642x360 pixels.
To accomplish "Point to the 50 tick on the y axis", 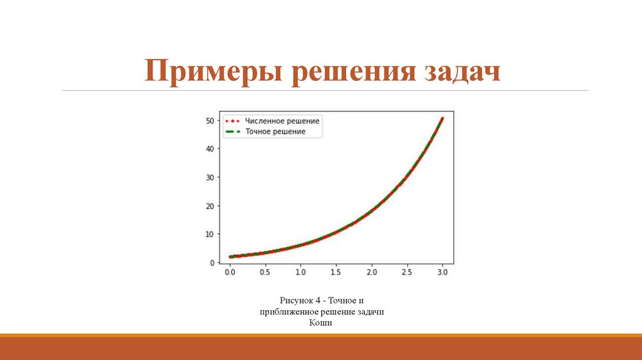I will click(x=211, y=120).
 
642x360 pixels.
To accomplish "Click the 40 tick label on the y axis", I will click(x=211, y=149).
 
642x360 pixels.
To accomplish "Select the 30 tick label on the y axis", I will click(x=211, y=177).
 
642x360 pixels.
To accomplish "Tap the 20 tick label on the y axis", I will click(x=211, y=206).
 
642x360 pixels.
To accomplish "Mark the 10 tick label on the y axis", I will click(x=211, y=234).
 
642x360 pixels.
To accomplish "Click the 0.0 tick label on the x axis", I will click(x=230, y=273).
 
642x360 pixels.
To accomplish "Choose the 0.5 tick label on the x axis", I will click(x=265, y=273).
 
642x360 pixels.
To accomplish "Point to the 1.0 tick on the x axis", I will click(x=301, y=273).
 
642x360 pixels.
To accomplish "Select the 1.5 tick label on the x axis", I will click(x=336, y=273).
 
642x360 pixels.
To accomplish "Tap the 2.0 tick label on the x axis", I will click(x=372, y=273).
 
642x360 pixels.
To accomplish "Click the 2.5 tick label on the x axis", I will click(x=407, y=273).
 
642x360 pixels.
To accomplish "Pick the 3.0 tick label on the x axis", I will click(x=443, y=273).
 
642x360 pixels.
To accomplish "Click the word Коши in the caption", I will click(x=320, y=323).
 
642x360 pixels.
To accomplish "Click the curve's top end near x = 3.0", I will click(x=442, y=118).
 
